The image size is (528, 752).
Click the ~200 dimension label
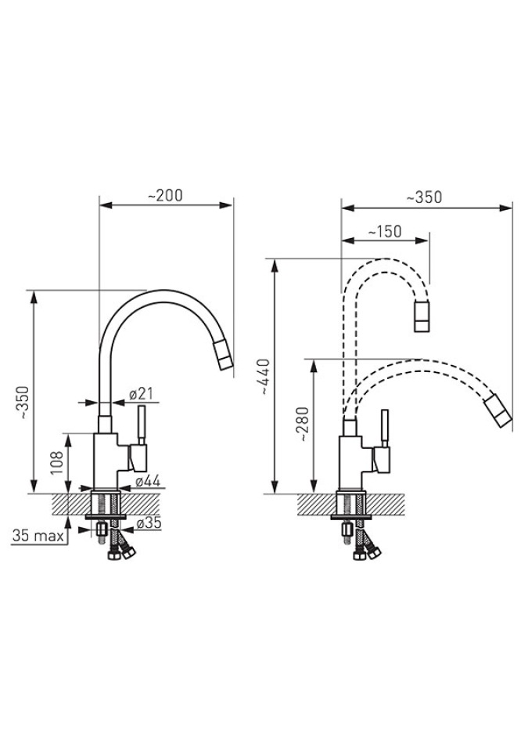point(165,196)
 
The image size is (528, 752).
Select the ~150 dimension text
point(385,232)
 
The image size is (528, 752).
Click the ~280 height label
point(304,425)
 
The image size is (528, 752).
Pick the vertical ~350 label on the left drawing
point(24,402)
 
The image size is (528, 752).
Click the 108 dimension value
point(57,462)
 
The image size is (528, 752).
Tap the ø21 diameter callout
point(142,394)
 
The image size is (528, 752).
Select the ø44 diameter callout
point(148,481)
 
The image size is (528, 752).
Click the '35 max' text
point(38,535)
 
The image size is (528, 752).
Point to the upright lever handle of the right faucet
point(384,428)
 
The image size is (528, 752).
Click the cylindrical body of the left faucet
point(106,461)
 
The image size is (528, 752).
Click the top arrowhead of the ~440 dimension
point(275,266)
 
